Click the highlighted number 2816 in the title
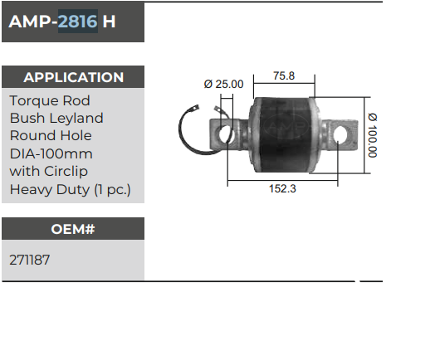tap(78, 22)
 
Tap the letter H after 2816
tap(110, 22)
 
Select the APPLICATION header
tap(73, 77)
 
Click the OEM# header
tap(73, 228)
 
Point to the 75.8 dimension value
tap(284, 76)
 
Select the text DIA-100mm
tap(51, 153)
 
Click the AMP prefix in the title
tap(29, 22)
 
